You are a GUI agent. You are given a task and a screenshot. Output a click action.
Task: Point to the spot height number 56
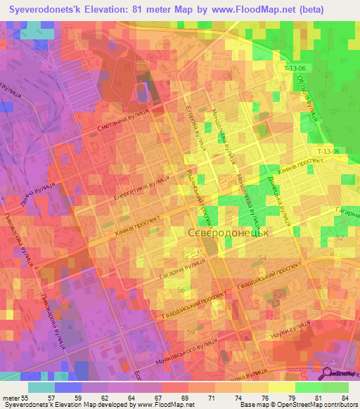181,290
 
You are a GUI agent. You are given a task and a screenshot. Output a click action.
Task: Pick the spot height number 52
340,238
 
